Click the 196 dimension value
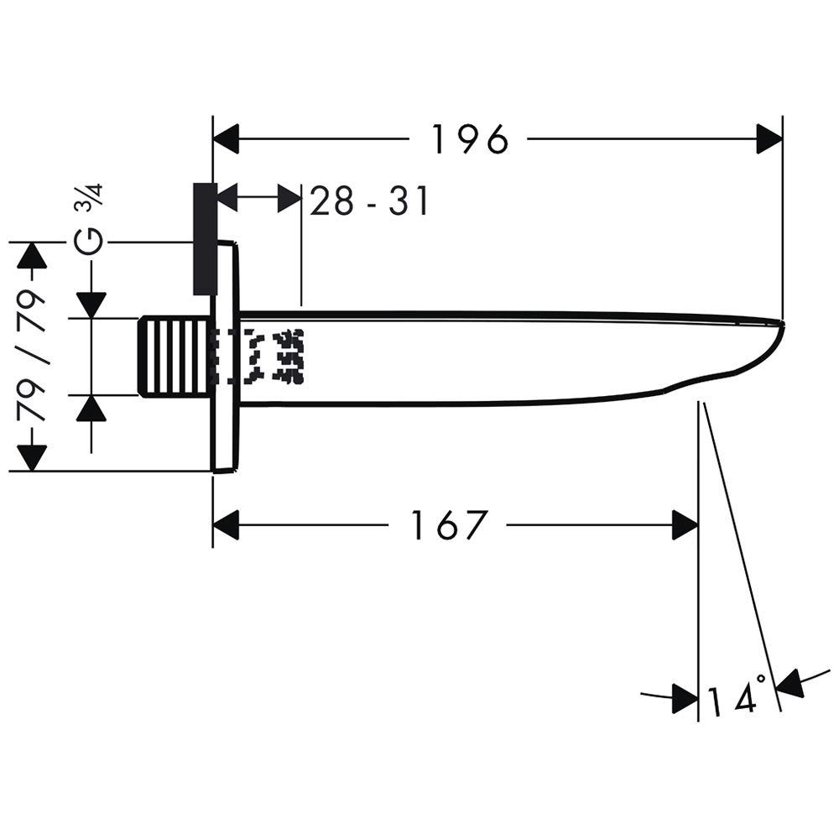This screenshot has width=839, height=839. (x=469, y=139)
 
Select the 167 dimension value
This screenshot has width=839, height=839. (x=448, y=525)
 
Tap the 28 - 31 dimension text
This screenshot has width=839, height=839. (x=369, y=201)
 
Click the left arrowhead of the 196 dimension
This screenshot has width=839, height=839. (x=226, y=139)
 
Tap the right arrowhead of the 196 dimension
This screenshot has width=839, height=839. (x=769, y=139)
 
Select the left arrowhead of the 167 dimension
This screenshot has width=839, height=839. (x=226, y=525)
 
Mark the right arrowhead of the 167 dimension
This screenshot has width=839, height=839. (x=685, y=525)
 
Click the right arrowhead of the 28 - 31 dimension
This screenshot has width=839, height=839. (x=289, y=198)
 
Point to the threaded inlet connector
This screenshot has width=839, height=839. (x=174, y=357)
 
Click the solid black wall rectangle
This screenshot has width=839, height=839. (x=205, y=238)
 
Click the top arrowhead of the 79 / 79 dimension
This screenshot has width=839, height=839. (x=33, y=255)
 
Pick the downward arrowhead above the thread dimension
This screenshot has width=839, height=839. (x=91, y=305)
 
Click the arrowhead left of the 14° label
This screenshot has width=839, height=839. (x=685, y=698)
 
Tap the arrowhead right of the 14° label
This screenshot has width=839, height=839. (x=789, y=683)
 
